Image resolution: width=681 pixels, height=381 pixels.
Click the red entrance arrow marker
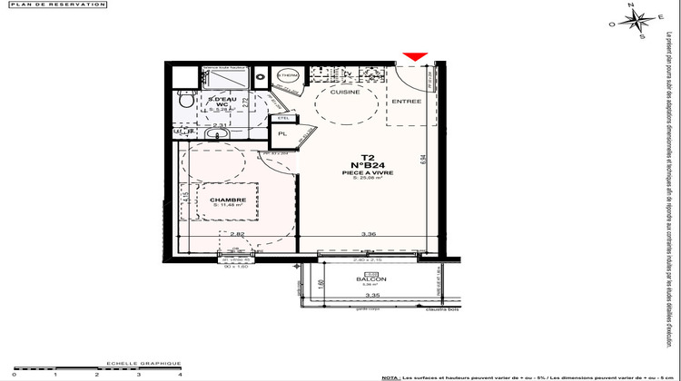click(414, 58)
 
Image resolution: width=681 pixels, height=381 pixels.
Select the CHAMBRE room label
click(228, 200)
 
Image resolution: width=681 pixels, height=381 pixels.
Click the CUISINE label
click(345, 92)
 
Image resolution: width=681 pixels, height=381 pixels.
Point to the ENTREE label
click(406, 102)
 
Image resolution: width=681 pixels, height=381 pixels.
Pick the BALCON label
click(371, 279)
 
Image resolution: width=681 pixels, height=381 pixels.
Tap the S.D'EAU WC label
click(222, 102)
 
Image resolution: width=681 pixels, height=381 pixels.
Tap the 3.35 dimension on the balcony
click(372, 296)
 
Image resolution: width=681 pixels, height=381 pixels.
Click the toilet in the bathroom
click(185, 105)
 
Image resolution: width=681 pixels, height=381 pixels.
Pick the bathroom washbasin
click(215, 135)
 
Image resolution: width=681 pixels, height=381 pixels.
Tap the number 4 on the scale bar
click(180, 373)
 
